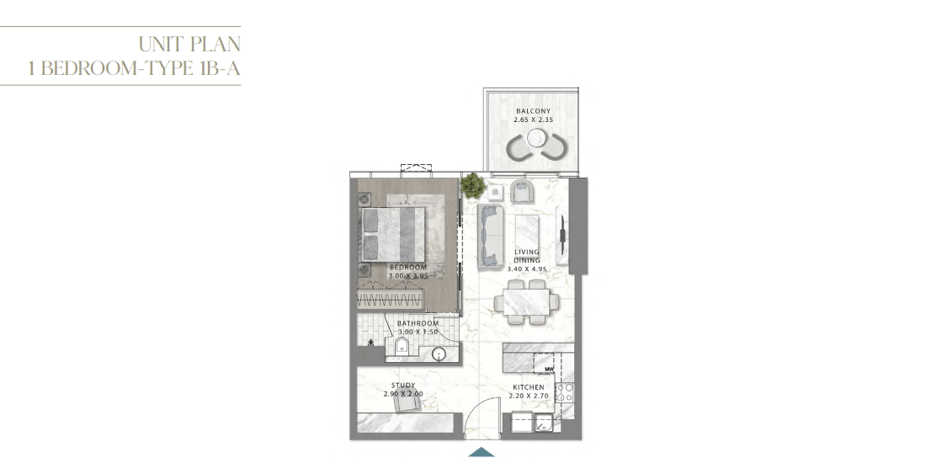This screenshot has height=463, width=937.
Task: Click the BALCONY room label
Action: [533, 111]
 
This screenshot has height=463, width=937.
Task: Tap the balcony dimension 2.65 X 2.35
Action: [533, 120]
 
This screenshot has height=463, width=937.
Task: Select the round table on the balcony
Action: [535, 139]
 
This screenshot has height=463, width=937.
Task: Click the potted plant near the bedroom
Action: [473, 186]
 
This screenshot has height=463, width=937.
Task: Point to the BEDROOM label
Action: [408, 267]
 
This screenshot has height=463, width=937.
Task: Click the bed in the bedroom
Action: [392, 234]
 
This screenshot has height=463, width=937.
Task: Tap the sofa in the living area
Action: [490, 236]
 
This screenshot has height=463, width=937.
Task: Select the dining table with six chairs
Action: [526, 301]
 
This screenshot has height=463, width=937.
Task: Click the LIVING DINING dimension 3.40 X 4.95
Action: [526, 269]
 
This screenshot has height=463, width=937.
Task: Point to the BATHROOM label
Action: [418, 323]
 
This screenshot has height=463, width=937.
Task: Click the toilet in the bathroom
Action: [402, 346]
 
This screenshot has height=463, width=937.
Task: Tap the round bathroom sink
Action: [439, 354]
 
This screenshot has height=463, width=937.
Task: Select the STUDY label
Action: [403, 386]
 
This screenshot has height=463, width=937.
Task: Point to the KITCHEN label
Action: [528, 387]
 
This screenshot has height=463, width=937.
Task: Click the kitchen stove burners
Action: [565, 392]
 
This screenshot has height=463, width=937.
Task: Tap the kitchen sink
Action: [543, 423]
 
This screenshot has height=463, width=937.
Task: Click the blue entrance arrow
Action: [481, 452]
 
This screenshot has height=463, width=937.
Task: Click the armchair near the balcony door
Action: [522, 191]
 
